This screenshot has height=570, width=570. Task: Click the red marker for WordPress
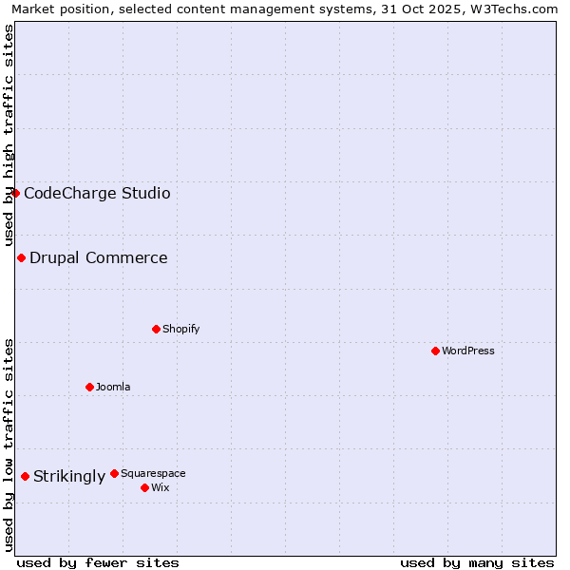pos(435,351)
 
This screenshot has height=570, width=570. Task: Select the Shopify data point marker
pos(156,329)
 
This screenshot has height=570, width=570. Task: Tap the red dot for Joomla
pos(89,387)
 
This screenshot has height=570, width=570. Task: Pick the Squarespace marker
pos(114,473)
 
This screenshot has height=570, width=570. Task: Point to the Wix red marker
pos(144,487)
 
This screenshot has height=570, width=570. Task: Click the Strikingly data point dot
pos(25,476)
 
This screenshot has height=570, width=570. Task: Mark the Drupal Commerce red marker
pos(21,257)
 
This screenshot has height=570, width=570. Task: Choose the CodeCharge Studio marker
pos(15,193)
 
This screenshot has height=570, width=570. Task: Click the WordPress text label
pos(468,351)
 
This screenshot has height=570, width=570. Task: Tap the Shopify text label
pos(180,329)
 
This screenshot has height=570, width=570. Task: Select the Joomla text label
pos(113,387)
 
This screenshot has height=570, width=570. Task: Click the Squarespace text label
pos(153,473)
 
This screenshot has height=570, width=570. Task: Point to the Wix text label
pos(160,487)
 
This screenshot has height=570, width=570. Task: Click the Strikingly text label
pos(69,476)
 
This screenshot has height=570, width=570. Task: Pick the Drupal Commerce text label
pos(99,257)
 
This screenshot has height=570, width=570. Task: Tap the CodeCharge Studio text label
pos(97,193)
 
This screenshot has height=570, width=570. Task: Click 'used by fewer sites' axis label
pos(98,562)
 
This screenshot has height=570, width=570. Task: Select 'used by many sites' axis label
pos(477,562)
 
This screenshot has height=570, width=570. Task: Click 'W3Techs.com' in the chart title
pos(519,9)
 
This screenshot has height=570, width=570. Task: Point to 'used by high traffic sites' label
pos(9,135)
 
